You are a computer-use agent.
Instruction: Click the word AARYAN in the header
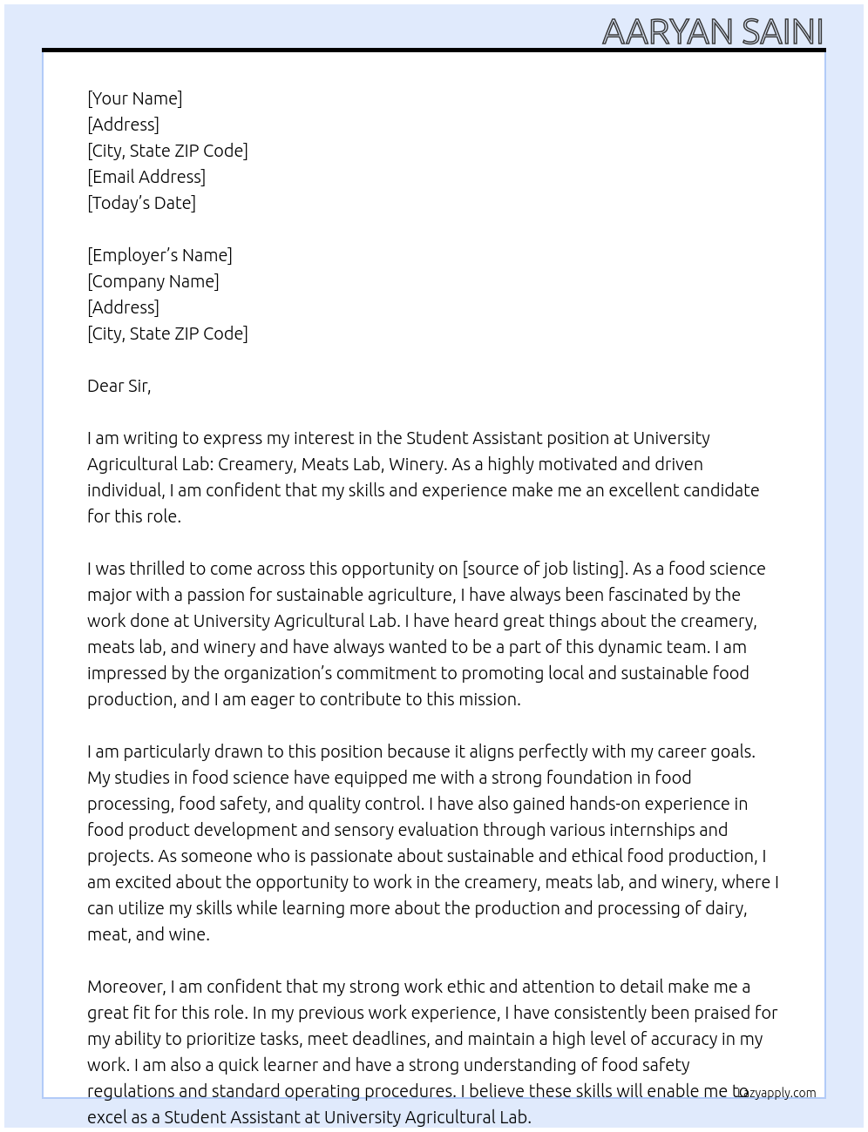tap(668, 32)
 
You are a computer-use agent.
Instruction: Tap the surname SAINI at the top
tap(782, 32)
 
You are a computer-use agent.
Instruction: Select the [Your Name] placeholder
tap(135, 98)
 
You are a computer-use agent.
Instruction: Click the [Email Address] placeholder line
tap(146, 177)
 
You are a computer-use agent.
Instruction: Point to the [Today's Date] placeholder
tap(141, 203)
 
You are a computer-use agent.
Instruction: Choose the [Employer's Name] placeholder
tap(159, 255)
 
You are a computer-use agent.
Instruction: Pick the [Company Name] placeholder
tap(153, 281)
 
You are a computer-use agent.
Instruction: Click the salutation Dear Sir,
tap(119, 386)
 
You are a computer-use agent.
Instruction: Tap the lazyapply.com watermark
tap(777, 1093)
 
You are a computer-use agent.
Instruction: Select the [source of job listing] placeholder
tap(544, 569)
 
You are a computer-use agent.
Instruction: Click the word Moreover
tap(125, 987)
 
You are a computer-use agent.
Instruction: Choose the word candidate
tap(719, 490)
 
